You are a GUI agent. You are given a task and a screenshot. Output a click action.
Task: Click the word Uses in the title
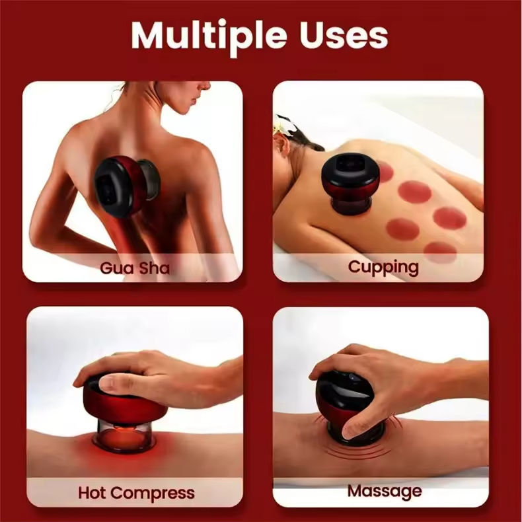point(344,35)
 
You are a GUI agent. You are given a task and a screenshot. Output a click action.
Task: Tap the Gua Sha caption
point(135,268)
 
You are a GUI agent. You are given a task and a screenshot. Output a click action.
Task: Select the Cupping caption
point(383,268)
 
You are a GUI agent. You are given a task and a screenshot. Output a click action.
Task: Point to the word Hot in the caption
point(92,492)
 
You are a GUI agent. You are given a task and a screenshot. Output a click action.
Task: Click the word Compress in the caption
point(153,494)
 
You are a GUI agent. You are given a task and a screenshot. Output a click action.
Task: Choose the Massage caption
point(385,492)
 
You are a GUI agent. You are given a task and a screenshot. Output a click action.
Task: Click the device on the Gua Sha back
point(127,185)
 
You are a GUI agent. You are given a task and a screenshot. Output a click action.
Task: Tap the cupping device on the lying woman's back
point(350,182)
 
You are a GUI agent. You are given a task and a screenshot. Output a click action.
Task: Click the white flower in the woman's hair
point(283,126)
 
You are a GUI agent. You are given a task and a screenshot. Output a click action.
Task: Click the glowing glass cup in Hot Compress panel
point(124,437)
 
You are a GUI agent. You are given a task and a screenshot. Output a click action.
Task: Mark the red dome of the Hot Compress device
point(125,399)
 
